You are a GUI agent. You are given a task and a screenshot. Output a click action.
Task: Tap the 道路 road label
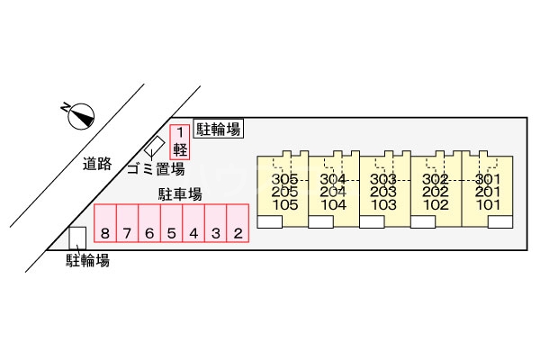click(96, 164)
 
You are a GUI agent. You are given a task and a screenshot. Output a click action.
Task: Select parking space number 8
click(105, 234)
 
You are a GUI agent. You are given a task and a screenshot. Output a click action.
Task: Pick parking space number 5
click(171, 234)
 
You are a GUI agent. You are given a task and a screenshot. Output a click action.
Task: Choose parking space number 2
click(238, 234)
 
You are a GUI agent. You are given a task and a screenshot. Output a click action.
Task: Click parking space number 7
click(128, 234)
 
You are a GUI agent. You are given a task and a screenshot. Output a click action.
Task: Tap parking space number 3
click(215, 234)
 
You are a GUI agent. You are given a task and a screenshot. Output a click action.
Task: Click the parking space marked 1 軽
click(180, 142)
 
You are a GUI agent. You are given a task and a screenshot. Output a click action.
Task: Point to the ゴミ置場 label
click(155, 169)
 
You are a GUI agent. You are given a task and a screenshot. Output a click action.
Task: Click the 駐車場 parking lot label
click(180, 193)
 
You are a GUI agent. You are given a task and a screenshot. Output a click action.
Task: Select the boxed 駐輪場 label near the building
click(219, 130)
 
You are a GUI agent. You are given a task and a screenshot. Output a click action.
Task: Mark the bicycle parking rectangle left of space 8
click(77, 237)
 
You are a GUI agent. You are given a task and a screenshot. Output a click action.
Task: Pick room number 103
click(384, 203)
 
